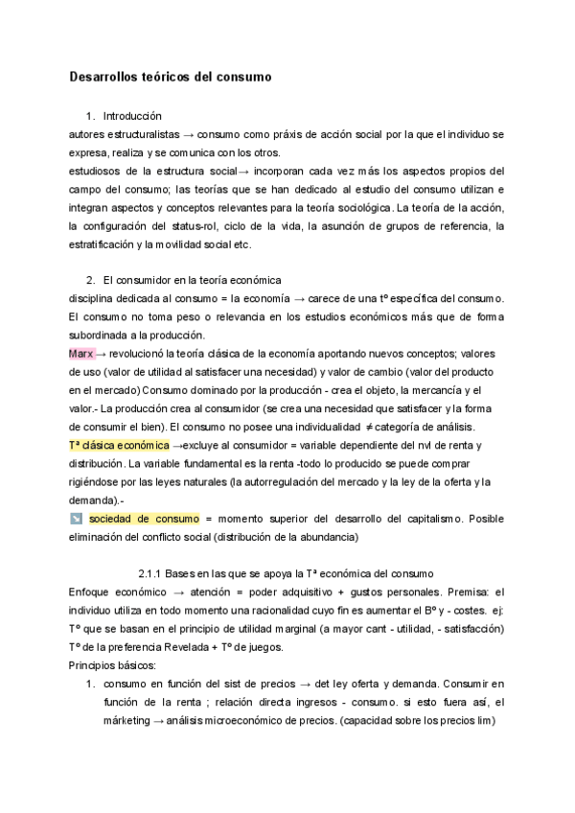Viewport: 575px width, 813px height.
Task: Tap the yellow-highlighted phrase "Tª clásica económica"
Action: point(120,446)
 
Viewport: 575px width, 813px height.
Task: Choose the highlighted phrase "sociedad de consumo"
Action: point(143,519)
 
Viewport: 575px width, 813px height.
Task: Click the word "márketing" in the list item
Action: point(125,720)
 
